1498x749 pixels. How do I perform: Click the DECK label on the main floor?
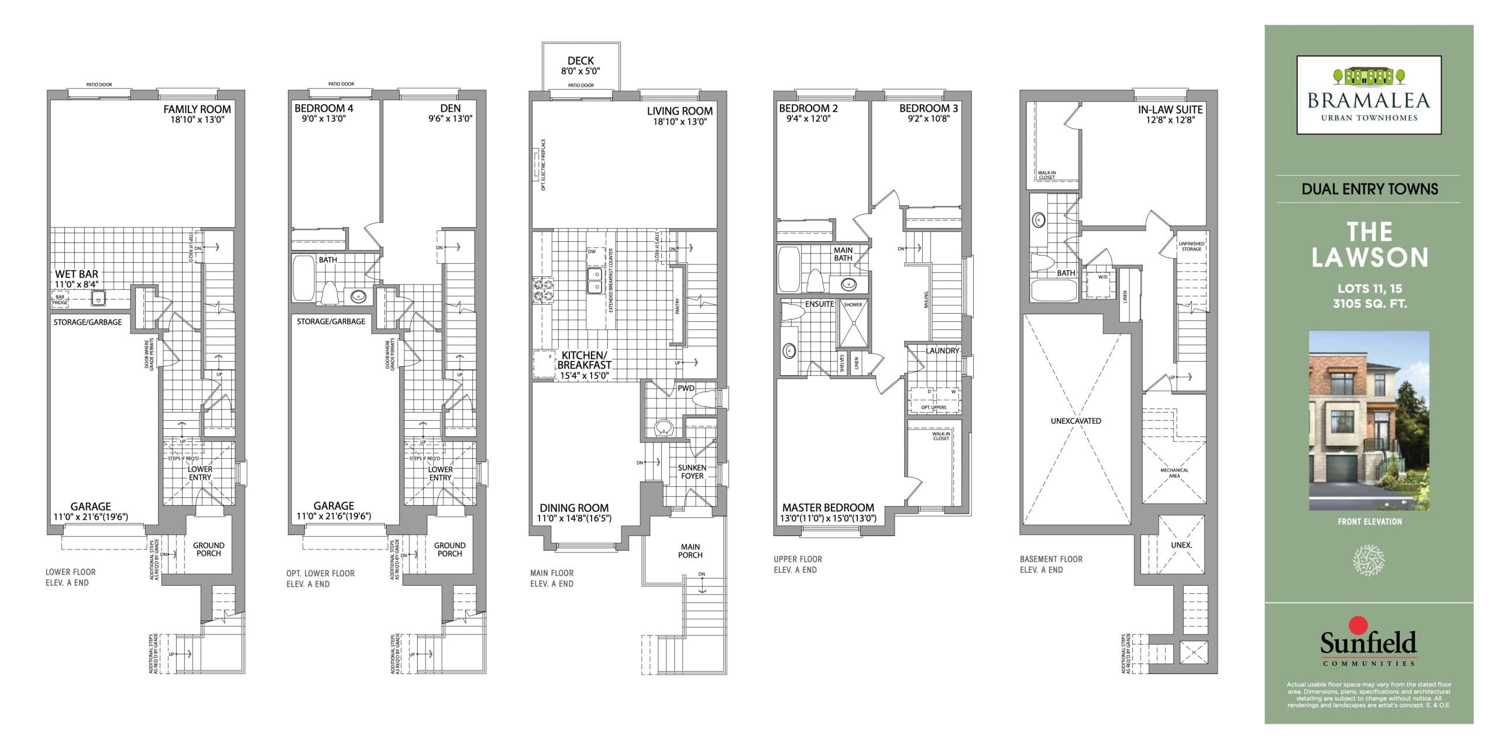tap(580, 61)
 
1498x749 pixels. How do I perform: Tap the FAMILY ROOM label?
tap(197, 109)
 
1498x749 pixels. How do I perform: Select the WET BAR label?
tap(77, 274)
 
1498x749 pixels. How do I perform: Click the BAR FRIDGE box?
tap(60, 300)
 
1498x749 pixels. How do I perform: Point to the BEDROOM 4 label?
tap(324, 108)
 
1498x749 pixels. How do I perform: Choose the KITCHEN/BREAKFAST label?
tap(584, 360)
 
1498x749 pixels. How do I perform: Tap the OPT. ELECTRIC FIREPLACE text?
tap(544, 164)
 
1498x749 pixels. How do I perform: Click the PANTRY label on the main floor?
tap(678, 306)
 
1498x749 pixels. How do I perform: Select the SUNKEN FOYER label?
tap(692, 472)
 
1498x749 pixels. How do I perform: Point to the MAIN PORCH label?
tap(690, 551)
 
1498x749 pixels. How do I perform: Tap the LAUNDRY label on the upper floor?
tap(942, 351)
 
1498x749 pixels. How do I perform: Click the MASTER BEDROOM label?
tap(828, 507)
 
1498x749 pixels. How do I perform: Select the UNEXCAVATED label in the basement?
tap(1076, 421)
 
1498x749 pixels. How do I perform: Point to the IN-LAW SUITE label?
tap(1170, 109)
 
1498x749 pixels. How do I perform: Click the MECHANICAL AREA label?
tap(1174, 473)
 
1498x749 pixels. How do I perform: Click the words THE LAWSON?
tap(1369, 245)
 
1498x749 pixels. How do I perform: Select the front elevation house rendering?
tap(1369, 420)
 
